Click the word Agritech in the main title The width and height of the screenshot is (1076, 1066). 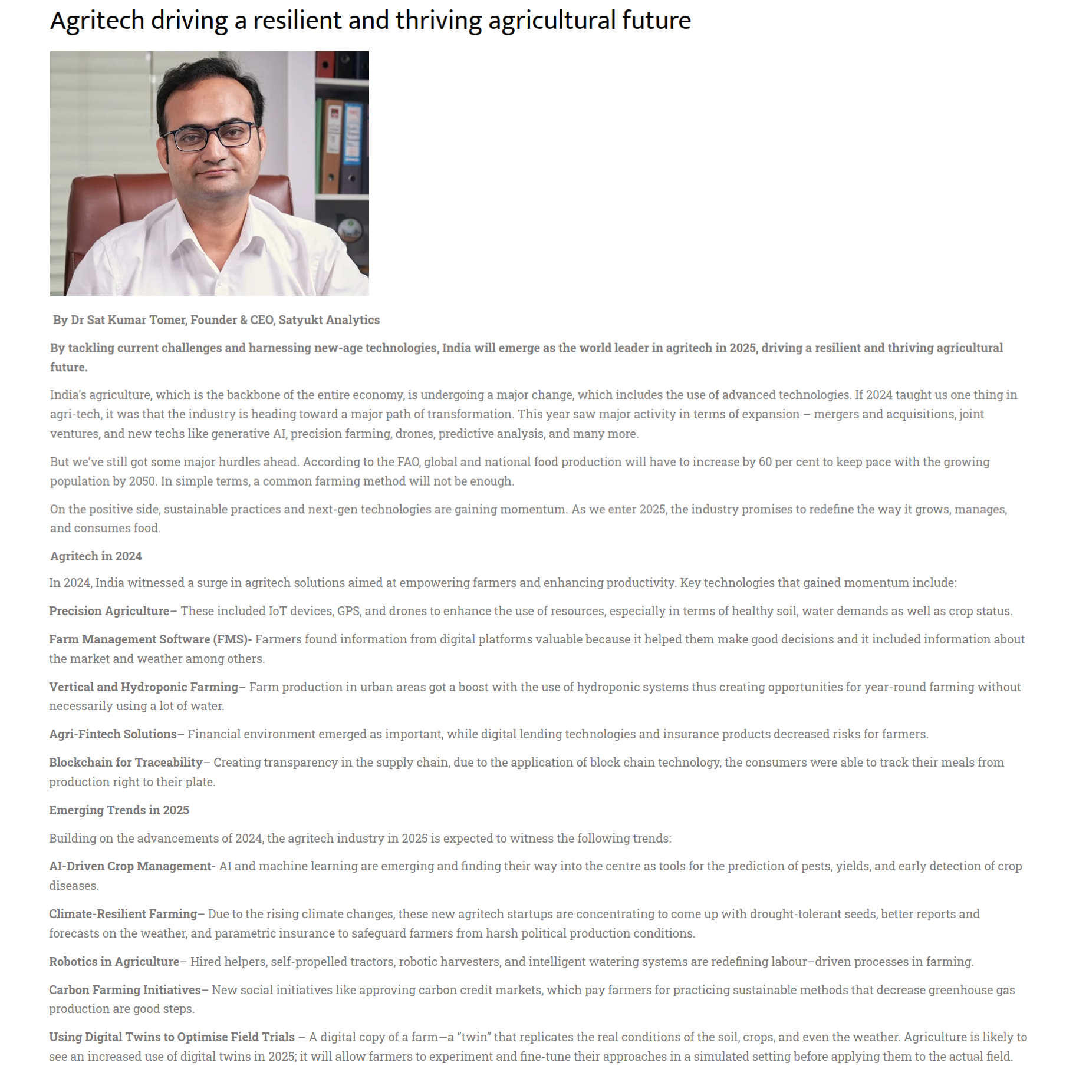tap(97, 21)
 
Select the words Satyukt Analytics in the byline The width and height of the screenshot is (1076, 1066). tap(329, 320)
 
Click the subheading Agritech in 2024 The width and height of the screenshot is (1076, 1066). tap(96, 556)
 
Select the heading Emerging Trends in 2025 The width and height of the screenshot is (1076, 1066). tap(119, 810)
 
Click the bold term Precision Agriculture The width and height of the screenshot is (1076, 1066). tap(109, 611)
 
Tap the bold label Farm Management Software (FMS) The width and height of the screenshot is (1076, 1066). tap(149, 639)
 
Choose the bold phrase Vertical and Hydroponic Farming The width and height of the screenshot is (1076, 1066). tap(143, 687)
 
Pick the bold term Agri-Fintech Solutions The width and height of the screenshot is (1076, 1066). tap(113, 734)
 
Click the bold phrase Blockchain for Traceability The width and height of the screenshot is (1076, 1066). tap(126, 763)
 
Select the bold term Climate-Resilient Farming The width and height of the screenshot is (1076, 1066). tap(123, 914)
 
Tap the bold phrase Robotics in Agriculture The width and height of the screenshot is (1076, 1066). tap(114, 962)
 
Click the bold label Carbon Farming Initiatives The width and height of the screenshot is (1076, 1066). tap(124, 990)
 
